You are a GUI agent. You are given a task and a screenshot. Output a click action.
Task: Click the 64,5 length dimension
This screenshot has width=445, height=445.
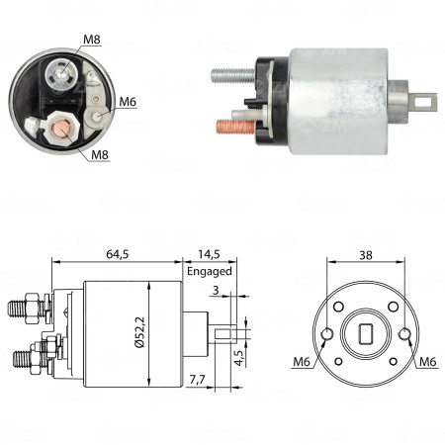click(x=118, y=254)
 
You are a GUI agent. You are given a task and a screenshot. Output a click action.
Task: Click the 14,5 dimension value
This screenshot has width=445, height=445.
click(x=208, y=254)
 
